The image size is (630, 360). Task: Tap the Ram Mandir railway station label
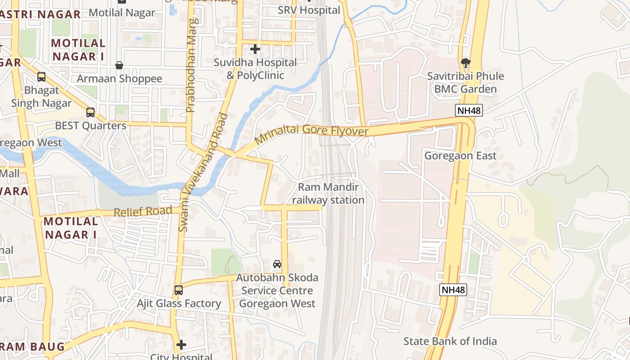pos(328,193)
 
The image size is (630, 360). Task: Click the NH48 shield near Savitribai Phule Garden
pos(469,111)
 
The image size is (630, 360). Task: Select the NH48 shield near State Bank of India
pos(453,290)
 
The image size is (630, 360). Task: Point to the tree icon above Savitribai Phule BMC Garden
pos(466,63)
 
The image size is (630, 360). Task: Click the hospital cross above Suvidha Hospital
pos(255,49)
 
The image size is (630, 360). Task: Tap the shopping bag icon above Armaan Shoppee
pos(119,66)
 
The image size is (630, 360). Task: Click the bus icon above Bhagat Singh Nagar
pos(41,77)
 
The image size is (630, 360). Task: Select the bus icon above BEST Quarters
pos(90,112)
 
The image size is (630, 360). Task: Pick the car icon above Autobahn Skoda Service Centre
pos(277,264)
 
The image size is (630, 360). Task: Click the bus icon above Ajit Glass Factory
pos(179,290)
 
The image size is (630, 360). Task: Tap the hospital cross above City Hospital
pos(181,345)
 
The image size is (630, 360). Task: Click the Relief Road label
pos(143,211)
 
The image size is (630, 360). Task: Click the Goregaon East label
pos(460,156)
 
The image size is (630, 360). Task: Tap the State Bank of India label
pos(450,341)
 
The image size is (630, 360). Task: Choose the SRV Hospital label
pos(309,10)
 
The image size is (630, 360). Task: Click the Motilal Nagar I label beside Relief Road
pos(71,228)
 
